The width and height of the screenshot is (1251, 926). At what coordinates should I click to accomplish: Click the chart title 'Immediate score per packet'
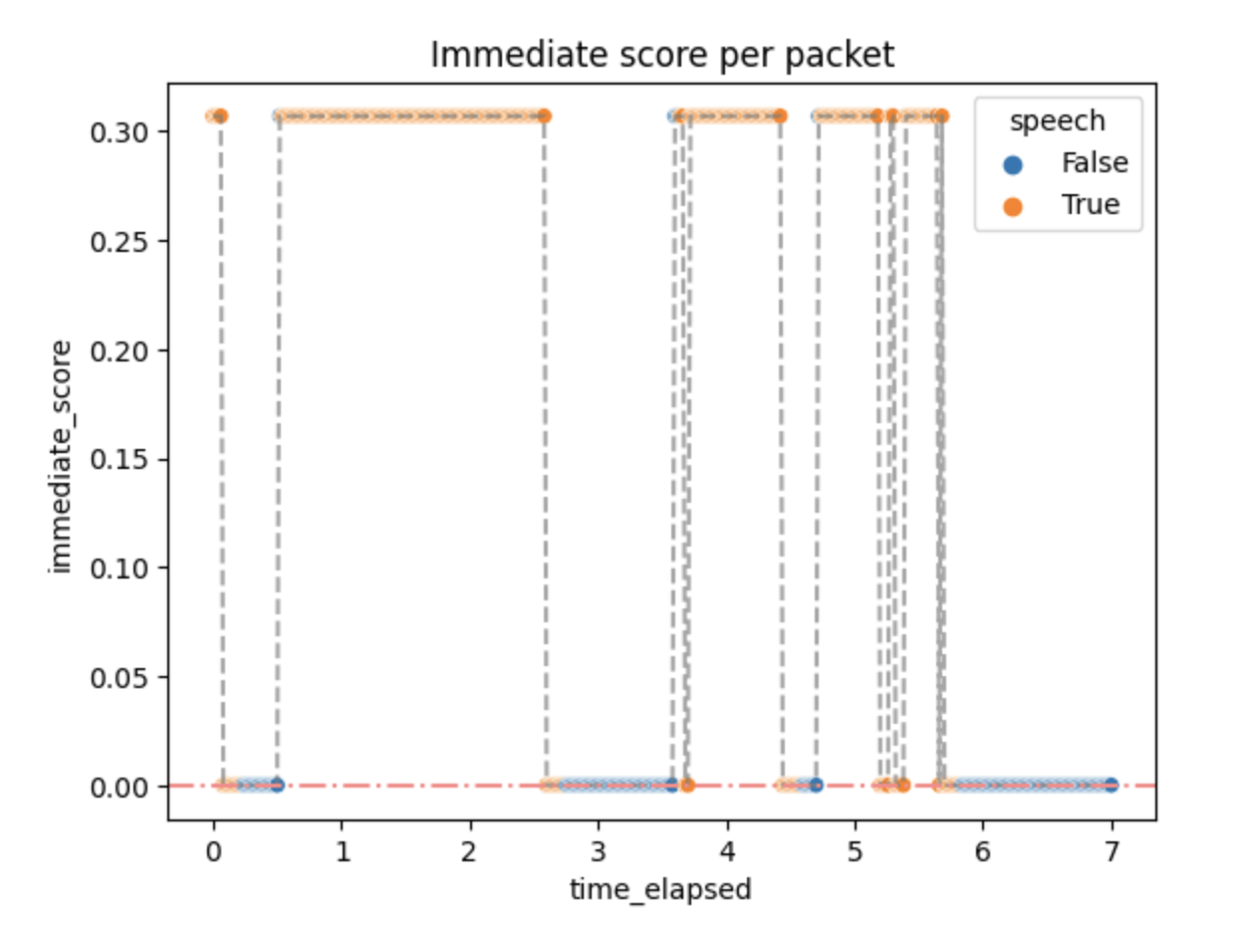tap(661, 56)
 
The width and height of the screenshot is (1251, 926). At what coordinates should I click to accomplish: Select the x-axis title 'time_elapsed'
tap(660, 890)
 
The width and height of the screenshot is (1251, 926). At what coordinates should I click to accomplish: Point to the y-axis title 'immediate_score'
tap(61, 456)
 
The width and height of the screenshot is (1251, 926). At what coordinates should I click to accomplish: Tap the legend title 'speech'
tap(1057, 121)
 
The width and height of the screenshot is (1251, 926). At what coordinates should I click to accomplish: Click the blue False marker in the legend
tap(1013, 164)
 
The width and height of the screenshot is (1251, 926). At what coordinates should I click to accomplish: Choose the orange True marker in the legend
tap(1013, 207)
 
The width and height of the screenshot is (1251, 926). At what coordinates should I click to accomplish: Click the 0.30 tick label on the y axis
tap(119, 133)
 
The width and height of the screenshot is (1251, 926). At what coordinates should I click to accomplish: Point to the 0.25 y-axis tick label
tap(119, 243)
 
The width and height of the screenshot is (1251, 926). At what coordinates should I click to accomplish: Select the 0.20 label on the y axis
tap(119, 351)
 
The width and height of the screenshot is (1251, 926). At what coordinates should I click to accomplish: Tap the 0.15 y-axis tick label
tap(119, 460)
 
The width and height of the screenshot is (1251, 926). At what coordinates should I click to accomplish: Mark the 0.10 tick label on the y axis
tap(119, 569)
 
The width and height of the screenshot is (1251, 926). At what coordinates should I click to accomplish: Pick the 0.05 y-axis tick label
tap(119, 678)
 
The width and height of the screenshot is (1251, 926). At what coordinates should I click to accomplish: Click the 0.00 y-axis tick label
tap(119, 788)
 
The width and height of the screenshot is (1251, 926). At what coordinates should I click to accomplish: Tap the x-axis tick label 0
tap(214, 852)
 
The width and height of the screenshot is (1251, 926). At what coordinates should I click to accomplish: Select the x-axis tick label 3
tap(599, 852)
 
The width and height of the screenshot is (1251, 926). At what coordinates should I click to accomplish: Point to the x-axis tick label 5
tap(855, 852)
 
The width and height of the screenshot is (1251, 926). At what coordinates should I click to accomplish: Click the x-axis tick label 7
tap(1112, 852)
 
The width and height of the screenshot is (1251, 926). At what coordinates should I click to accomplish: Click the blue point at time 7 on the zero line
tap(1112, 785)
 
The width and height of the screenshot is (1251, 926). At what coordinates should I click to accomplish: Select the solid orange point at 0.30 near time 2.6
tap(544, 116)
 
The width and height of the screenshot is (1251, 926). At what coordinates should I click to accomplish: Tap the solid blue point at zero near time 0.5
tap(277, 785)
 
